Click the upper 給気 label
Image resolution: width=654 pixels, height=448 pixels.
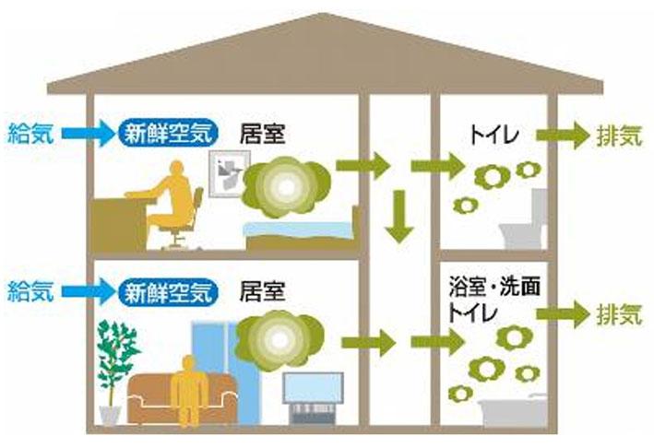(x=30, y=134)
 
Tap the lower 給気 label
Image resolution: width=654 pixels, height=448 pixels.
(x=30, y=291)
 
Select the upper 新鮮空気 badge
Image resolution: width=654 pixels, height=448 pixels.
(x=169, y=134)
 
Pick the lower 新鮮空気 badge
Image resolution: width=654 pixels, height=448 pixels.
(x=169, y=291)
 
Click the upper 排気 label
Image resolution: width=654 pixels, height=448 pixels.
(x=619, y=135)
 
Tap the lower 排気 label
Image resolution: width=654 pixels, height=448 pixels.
(x=619, y=313)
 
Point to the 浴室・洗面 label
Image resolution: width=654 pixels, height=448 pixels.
(x=494, y=287)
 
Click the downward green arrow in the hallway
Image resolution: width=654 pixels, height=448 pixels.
(x=399, y=217)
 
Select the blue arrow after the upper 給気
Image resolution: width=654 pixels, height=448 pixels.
(x=89, y=134)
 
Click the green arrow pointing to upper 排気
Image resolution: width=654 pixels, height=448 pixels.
(x=563, y=135)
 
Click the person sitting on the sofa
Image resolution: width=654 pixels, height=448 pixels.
(x=189, y=390)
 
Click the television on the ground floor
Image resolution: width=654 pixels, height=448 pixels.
(x=314, y=397)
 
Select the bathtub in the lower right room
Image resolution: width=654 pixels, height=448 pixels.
(x=513, y=410)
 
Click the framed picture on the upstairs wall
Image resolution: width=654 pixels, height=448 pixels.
(x=228, y=174)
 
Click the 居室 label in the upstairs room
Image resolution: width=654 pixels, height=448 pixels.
(x=262, y=135)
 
